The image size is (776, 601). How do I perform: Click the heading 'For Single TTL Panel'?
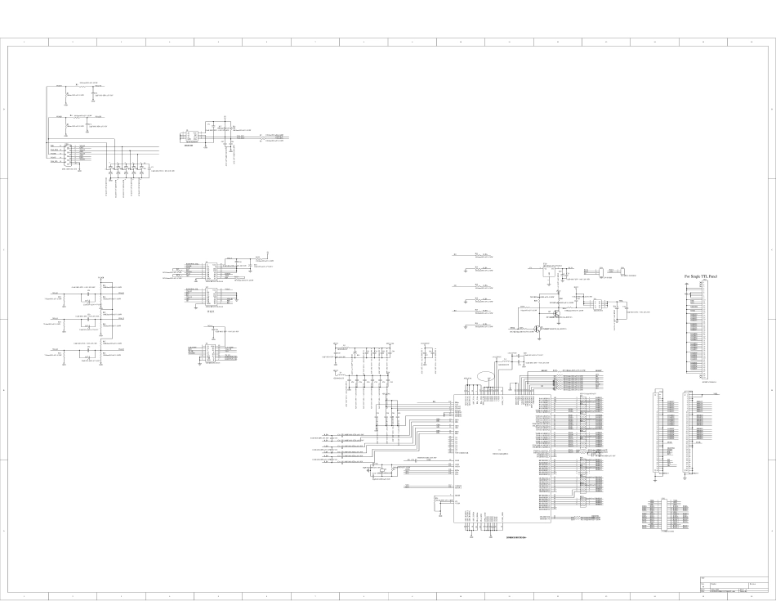707,277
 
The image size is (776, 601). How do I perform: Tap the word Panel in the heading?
721,277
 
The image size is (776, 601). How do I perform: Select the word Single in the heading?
699,277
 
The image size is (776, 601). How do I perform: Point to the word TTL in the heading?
711,277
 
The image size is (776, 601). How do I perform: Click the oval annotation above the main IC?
486,377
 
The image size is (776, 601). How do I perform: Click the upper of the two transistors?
555,312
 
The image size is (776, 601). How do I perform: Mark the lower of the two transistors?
537,329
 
